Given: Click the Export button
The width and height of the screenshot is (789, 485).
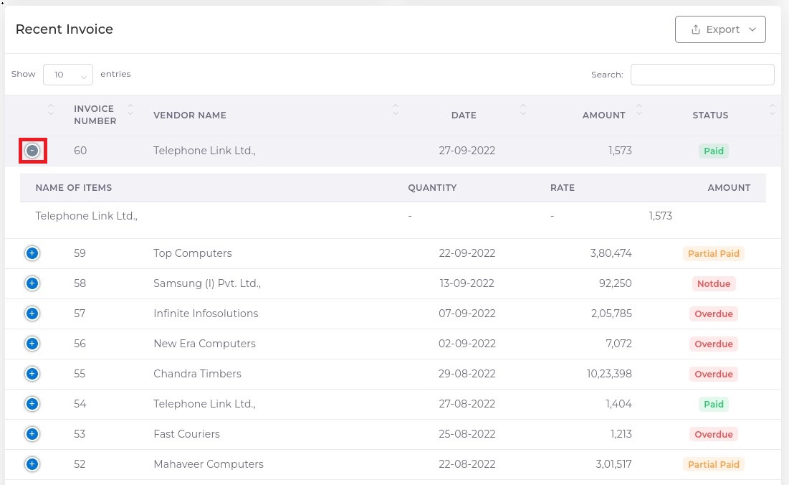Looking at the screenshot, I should click(x=720, y=29).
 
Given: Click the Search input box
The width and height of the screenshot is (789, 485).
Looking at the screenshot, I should click(x=702, y=75).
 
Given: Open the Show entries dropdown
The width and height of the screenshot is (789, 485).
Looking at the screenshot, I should click(x=68, y=75).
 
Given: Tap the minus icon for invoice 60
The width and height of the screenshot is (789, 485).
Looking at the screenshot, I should click(x=32, y=151).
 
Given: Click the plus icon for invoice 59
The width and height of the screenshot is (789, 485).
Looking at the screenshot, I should click(x=32, y=253).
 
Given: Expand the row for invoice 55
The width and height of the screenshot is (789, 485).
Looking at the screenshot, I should click(x=32, y=374).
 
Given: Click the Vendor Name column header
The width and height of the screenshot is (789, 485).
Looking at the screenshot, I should click(x=190, y=116).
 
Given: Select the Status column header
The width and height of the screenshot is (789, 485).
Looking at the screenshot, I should click(x=710, y=116).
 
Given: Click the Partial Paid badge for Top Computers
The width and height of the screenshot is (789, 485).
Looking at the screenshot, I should click(x=713, y=253).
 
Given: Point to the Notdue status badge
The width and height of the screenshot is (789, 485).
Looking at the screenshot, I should click(x=714, y=283).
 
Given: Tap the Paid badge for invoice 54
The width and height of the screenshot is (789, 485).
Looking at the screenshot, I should click(x=714, y=404).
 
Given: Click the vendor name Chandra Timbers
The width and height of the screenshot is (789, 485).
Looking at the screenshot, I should click(x=197, y=374).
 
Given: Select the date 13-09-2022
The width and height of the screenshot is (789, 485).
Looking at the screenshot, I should click(x=467, y=283).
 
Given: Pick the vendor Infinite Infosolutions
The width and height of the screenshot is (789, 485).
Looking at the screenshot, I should click(x=206, y=314).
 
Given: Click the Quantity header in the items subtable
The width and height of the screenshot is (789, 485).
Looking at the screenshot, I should click(x=432, y=188).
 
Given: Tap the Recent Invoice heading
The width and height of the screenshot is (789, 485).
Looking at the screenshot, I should click(x=64, y=29).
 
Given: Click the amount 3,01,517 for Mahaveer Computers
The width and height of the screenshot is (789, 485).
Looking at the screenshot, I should click(x=613, y=464).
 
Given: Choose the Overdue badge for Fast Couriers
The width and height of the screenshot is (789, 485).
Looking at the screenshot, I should click(x=714, y=434).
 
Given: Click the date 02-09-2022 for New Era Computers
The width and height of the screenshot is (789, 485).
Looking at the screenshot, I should click(x=467, y=344).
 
